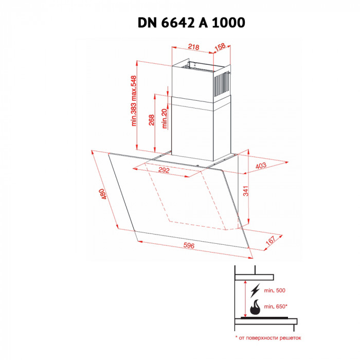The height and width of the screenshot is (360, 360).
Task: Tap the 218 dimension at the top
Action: (193, 47)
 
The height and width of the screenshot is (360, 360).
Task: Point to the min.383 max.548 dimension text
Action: (133, 101)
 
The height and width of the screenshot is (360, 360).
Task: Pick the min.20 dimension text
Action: (165, 118)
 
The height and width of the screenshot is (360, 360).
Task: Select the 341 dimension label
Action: (246, 192)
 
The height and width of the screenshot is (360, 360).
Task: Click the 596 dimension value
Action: (189, 246)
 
